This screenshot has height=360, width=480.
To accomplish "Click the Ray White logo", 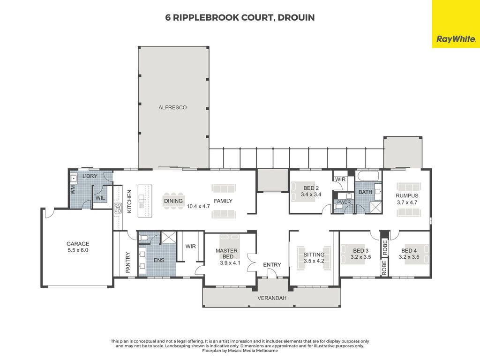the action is pos(456,39).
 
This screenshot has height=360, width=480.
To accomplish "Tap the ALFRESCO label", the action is pos(172,107).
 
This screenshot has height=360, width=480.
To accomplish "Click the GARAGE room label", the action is pos(78,244).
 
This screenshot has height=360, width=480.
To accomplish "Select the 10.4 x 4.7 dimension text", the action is pos(198,206).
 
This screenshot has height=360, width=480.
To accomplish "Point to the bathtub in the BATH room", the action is pos(368,176).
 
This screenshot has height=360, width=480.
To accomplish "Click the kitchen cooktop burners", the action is pos(118,208).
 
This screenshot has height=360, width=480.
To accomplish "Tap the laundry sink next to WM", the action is pos(74,179).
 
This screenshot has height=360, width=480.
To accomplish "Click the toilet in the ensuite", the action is pos(143,238).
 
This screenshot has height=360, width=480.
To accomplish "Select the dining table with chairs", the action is pos(173,201).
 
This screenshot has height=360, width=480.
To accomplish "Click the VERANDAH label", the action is pos(272,298).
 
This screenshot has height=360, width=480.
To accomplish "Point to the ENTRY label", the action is pos(272,265).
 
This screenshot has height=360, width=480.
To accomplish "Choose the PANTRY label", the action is pos(128,262).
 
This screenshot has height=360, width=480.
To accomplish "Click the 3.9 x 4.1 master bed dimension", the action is pos(230,263).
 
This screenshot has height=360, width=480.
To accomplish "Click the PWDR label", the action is pos(344,202).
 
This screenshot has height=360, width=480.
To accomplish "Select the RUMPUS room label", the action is pos(407,195).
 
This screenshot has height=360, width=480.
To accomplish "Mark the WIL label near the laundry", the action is pos(100,198).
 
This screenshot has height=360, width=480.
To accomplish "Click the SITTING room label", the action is pos(314,255).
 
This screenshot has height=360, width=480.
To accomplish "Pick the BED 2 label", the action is pos(311,188).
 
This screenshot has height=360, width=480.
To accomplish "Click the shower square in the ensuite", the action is pos(169,238).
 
